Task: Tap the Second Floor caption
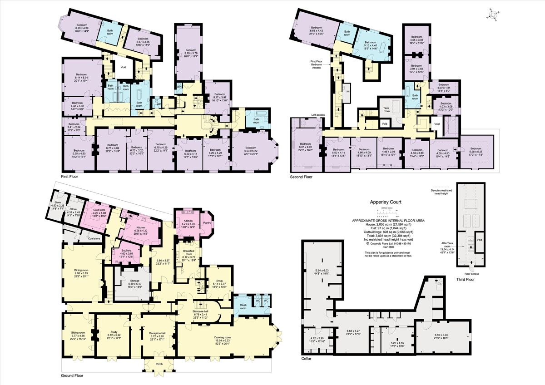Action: [302, 176]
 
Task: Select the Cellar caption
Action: [307, 358]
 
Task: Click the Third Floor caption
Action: [466, 279]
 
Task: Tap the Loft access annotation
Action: [318, 115]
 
